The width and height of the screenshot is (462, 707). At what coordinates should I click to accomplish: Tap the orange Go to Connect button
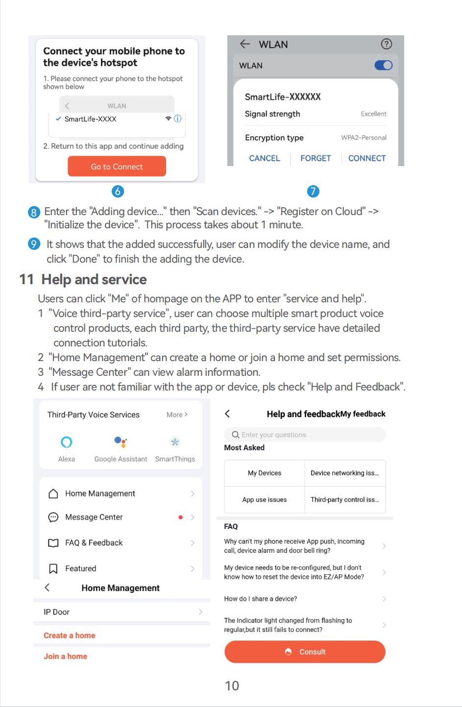tap(117, 167)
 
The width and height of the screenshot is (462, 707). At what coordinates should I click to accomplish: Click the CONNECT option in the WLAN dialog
tap(367, 158)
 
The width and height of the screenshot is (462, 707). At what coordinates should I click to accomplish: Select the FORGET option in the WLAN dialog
tap(316, 158)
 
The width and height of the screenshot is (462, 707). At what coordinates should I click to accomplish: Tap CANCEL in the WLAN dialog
tap(265, 158)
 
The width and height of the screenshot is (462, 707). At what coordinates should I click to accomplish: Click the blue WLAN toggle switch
tap(383, 65)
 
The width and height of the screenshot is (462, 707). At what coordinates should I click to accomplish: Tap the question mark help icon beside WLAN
tap(386, 44)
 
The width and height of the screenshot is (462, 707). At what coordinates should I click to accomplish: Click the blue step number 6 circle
tap(118, 192)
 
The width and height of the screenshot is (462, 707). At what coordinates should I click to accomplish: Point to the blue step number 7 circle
tap(313, 192)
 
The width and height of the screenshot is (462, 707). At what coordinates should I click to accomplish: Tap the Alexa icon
tap(67, 442)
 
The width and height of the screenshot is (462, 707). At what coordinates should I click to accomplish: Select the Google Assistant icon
tap(121, 442)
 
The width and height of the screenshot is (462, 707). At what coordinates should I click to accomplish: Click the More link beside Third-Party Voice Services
tap(177, 414)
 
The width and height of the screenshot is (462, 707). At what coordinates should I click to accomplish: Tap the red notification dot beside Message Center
tap(181, 517)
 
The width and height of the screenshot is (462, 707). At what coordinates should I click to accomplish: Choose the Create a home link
tap(70, 635)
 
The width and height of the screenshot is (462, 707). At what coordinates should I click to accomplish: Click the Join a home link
tap(65, 657)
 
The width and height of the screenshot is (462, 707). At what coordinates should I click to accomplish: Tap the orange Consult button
tap(305, 652)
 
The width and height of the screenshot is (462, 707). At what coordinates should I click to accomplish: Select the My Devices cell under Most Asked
tap(265, 473)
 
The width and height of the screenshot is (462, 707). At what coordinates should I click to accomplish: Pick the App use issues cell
tap(265, 500)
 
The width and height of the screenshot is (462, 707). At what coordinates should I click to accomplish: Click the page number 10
tap(232, 686)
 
